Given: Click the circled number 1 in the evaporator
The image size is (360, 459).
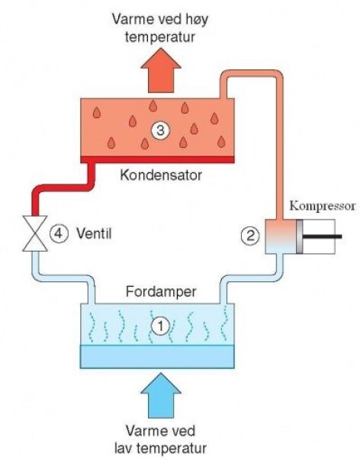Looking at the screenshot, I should click(159, 326).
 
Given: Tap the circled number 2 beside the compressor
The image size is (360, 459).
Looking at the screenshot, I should click(249, 236).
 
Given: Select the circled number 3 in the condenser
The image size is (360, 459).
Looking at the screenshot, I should click(159, 130).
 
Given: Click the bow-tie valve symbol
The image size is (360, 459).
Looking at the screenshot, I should click(33, 235).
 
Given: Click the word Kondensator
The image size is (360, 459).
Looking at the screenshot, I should click(160, 175).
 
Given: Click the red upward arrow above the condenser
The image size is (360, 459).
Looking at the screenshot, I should click(159, 73).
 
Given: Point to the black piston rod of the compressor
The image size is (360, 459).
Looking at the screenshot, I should click(324, 236).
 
